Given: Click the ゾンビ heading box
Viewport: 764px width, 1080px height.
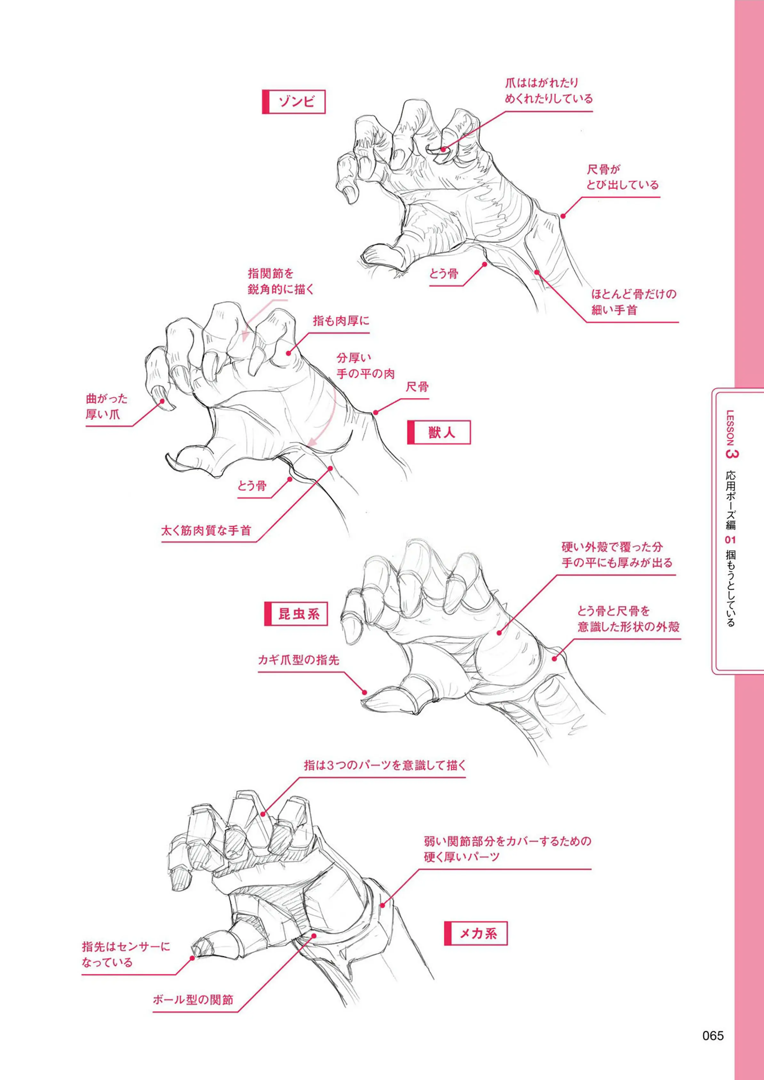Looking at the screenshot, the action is click(x=294, y=102).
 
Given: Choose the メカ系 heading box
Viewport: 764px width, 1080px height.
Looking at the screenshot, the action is click(x=476, y=933).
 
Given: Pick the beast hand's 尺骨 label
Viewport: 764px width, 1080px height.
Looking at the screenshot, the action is click(x=417, y=387).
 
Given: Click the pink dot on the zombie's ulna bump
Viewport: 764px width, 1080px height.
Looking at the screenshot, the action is click(x=563, y=216).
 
